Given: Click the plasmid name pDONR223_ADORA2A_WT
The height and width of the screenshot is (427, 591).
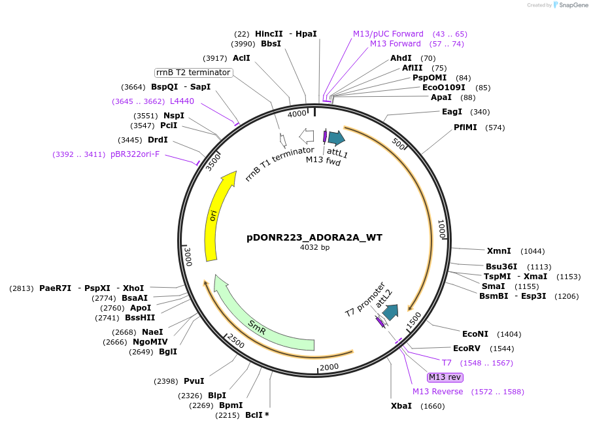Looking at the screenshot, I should pyautogui.click(x=314, y=237).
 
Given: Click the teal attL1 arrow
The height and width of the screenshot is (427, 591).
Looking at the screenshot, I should pyautogui.click(x=336, y=137).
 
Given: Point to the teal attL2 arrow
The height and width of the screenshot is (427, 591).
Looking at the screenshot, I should pyautogui.click(x=390, y=313).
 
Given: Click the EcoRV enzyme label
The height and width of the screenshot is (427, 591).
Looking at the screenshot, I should pyautogui.click(x=466, y=349).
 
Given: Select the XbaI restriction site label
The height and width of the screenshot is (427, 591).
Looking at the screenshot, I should pyautogui.click(x=401, y=406).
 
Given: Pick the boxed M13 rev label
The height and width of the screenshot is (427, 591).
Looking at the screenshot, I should pyautogui.click(x=445, y=377).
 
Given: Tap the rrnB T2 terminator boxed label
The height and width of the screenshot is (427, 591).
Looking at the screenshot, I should pyautogui.click(x=194, y=73).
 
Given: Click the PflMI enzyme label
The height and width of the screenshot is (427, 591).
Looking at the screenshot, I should pyautogui.click(x=465, y=127).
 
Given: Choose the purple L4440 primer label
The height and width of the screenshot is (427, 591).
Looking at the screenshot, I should pyautogui.click(x=182, y=101).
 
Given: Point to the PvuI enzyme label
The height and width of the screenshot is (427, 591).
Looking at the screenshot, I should pyautogui.click(x=194, y=381).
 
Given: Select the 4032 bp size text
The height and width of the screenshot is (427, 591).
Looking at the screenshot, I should pyautogui.click(x=314, y=248).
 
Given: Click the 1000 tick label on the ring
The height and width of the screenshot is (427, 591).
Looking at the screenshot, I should pyautogui.click(x=442, y=229).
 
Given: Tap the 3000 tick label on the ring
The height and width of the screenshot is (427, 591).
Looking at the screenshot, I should pyautogui.click(x=188, y=256).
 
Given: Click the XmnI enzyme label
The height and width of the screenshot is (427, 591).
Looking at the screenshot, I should pyautogui.click(x=498, y=251).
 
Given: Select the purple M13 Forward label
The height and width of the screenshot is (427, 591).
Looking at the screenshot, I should pyautogui.click(x=396, y=44).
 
